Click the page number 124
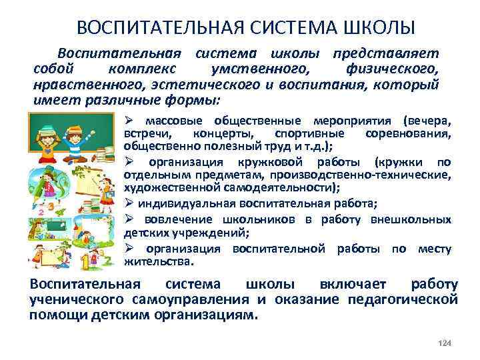tap(446, 343)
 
